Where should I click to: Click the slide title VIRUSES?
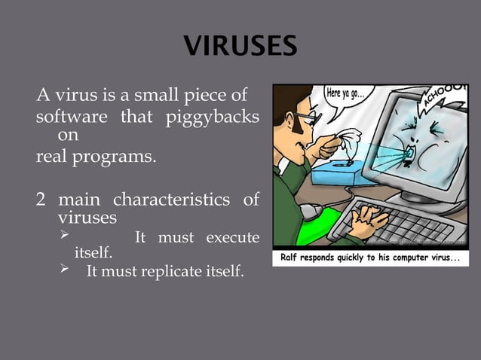240,46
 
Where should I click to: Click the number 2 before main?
41,200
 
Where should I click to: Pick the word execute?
233,238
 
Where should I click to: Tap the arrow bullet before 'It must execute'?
63,237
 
